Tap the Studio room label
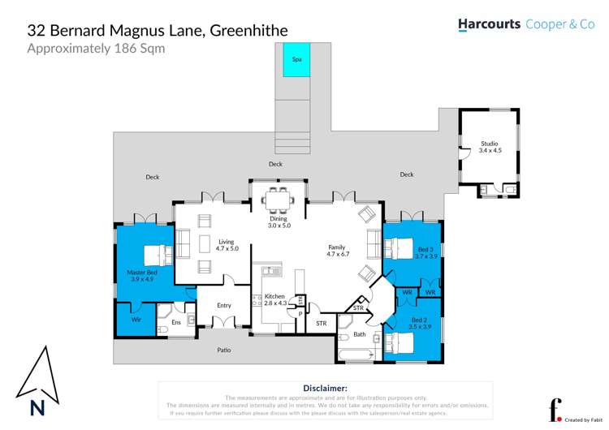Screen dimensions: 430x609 (x=490, y=147)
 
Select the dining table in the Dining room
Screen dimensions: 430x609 (x=279, y=200)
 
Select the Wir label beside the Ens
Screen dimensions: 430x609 (x=136, y=319)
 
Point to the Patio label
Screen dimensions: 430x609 (x=223, y=350)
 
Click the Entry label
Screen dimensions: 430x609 (x=224, y=305)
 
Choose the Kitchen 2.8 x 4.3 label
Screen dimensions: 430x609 (x=275, y=300)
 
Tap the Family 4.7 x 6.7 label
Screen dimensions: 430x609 (x=337, y=251)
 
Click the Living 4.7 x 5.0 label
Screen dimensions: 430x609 (x=226, y=245)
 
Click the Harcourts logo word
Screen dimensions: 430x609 (x=489, y=24)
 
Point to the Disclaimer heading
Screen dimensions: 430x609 (x=325, y=389)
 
